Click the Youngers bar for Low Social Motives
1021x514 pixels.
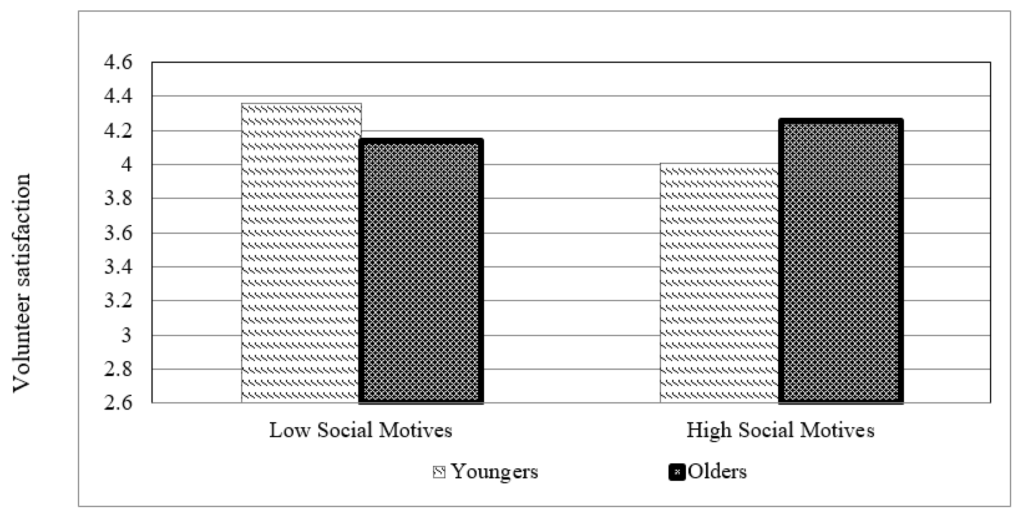click(x=301, y=254)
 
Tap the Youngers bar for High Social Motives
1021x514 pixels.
click(x=720, y=284)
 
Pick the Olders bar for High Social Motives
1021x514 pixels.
click(x=841, y=262)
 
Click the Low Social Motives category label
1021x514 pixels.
click(x=361, y=430)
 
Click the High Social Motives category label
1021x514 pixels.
click(x=780, y=430)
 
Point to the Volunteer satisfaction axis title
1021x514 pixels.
click(x=22, y=283)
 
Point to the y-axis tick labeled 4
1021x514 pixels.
click(x=126, y=166)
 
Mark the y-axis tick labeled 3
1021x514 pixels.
click(x=126, y=336)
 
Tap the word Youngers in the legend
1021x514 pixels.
click(x=495, y=472)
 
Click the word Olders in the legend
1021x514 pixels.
click(x=717, y=472)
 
